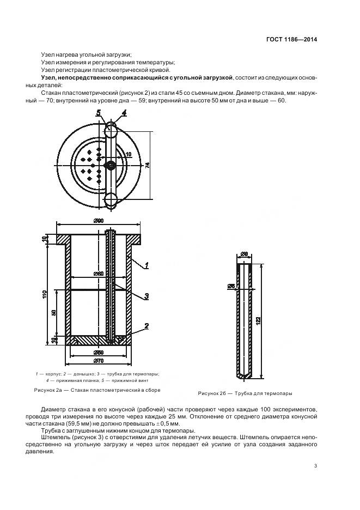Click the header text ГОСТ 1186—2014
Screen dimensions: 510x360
[291, 39]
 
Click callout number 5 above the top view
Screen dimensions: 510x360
[99, 113]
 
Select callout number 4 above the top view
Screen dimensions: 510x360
[124, 113]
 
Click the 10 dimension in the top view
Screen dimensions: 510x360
[129, 155]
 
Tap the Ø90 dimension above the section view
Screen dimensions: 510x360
[99, 220]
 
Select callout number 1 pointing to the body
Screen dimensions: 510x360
[147, 265]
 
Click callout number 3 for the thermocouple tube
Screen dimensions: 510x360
[147, 297]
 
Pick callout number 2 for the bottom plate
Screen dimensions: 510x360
[147, 326]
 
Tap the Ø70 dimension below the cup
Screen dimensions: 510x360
[99, 361]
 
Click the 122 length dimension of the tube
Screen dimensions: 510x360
[264, 321]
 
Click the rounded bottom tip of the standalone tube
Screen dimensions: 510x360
[243, 376]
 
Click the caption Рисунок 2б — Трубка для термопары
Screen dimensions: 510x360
[245, 393]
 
